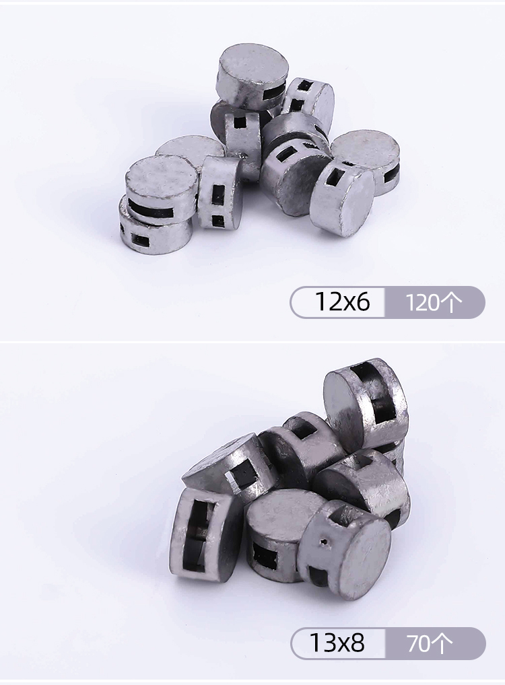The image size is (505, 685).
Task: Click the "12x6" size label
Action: pos(342,302)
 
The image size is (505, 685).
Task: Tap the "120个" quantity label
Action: pos(434,302)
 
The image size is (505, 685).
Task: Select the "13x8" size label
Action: pos(337,643)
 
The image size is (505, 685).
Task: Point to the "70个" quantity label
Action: pos(430,643)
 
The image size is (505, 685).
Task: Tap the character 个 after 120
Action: pos(452,302)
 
